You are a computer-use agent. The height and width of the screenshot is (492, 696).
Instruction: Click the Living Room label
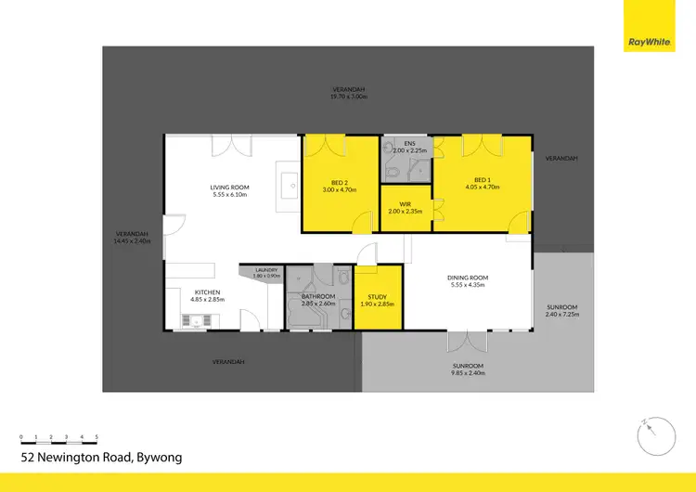coord(230,190)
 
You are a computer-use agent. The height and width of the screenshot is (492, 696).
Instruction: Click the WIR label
coord(406,207)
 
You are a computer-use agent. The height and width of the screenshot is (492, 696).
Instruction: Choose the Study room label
coord(378,300)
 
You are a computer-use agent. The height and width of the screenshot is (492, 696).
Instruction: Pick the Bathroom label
coord(317,300)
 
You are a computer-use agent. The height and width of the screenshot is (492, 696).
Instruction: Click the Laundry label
coord(266,272)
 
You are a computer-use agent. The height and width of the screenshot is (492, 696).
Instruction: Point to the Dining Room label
coord(467,281)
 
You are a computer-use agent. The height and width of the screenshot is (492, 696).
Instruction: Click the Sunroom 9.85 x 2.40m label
coord(468,369)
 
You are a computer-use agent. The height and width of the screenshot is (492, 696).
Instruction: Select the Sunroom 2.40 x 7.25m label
coord(561,311)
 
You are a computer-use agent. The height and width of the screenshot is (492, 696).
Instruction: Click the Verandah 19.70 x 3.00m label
coord(349,93)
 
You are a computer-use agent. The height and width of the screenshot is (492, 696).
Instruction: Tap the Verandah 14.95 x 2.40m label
coord(131,237)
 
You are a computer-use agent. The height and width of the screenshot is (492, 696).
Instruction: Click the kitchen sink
coord(196,321)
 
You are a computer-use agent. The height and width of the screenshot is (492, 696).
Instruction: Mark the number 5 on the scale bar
coord(97,435)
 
